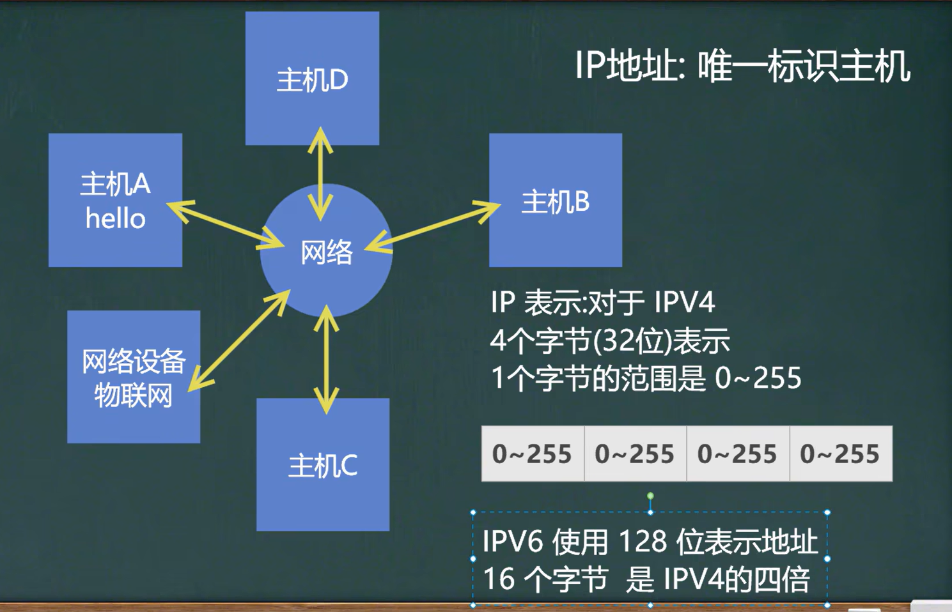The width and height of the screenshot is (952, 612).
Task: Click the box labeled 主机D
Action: click(312, 79)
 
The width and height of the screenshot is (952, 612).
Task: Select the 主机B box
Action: click(555, 200)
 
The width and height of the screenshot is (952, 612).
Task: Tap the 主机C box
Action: click(323, 464)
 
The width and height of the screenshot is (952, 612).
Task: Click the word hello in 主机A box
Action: click(116, 219)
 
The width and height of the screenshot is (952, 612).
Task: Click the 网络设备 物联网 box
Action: click(134, 377)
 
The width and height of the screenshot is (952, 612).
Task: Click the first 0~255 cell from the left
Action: click(532, 454)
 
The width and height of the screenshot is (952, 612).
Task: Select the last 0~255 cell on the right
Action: click(840, 454)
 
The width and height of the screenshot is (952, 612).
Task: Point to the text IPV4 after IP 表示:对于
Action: click(684, 302)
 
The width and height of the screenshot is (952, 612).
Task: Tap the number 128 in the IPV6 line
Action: click(644, 542)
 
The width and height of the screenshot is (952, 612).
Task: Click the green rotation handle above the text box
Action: click(650, 496)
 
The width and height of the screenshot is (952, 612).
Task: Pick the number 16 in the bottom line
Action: click(499, 579)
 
